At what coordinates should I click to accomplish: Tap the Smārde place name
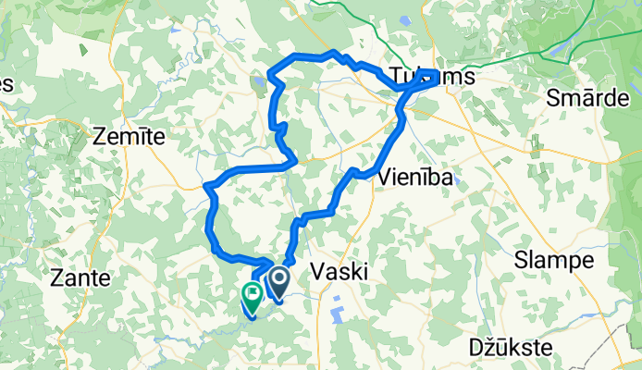click(x=592, y=96)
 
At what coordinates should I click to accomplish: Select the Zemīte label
click(x=130, y=136)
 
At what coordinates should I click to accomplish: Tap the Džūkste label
click(x=511, y=349)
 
